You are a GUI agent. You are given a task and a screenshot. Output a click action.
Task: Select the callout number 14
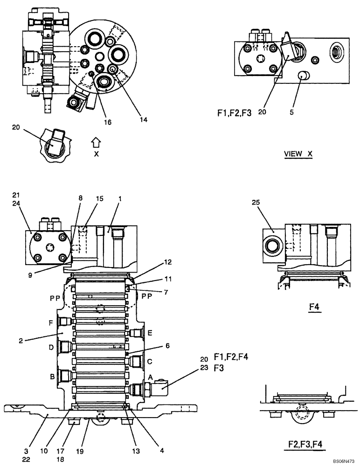143,119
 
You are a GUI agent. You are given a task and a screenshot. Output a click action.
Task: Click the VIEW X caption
298,154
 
